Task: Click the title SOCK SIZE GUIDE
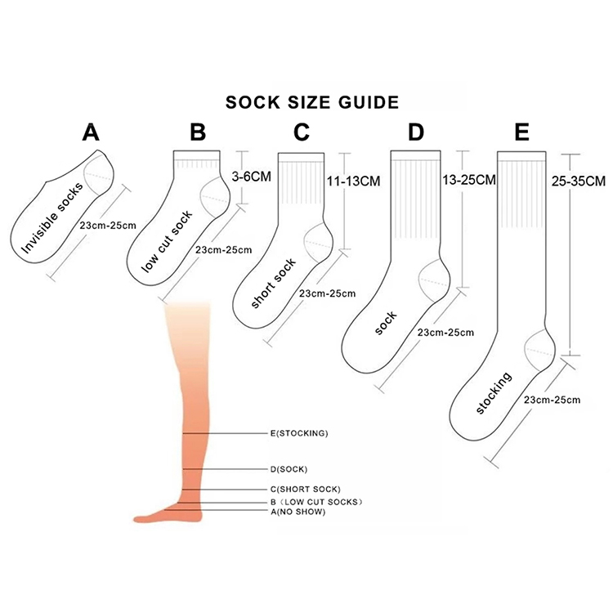click(x=311, y=103)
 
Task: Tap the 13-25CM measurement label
click(x=469, y=180)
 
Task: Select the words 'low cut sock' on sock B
click(x=166, y=241)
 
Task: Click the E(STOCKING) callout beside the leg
click(x=298, y=433)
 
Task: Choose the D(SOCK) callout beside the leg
click(x=288, y=469)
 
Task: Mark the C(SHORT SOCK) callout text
click(x=305, y=489)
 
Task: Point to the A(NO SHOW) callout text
click(x=298, y=512)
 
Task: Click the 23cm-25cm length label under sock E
click(x=553, y=400)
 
